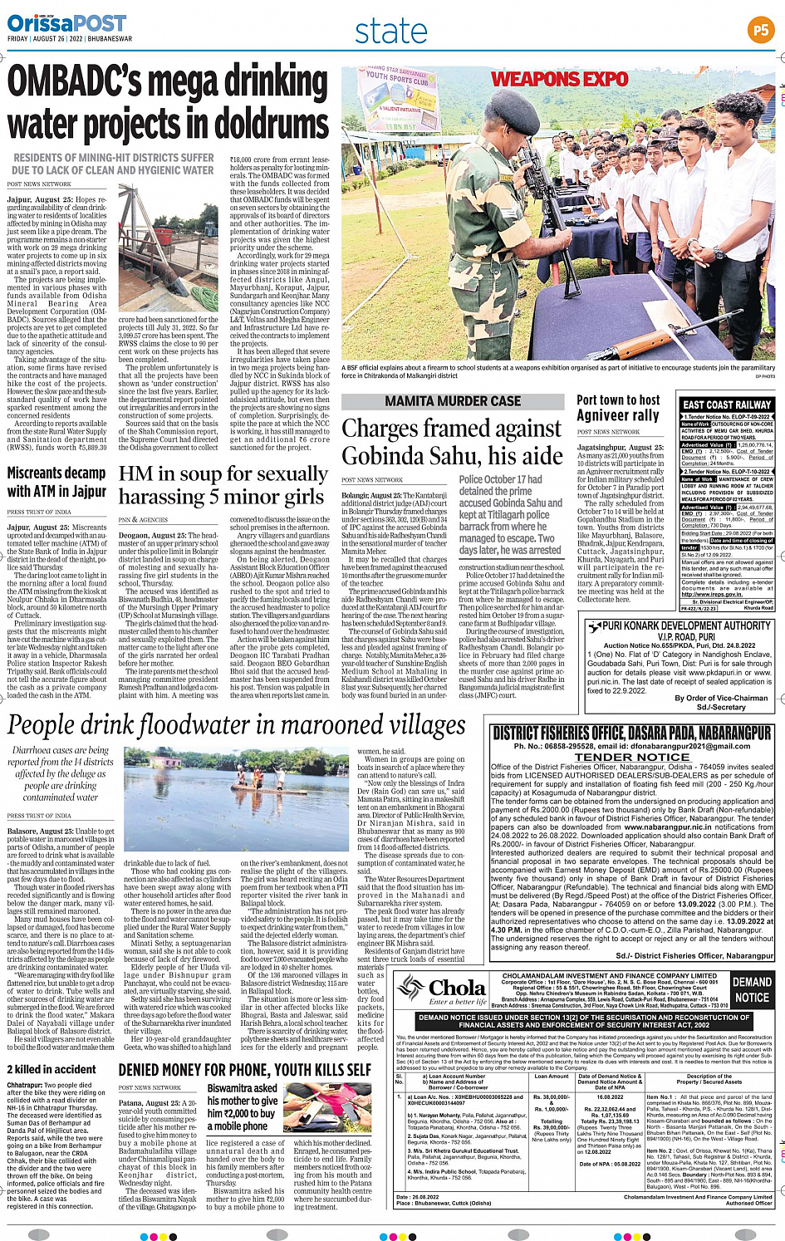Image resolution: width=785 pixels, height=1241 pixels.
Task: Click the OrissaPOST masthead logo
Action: (66, 22)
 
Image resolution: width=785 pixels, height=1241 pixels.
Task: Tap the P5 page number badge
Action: (760, 31)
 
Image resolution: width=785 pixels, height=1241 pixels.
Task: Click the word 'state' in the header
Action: (390, 32)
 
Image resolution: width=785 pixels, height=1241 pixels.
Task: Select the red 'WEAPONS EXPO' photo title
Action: (559, 79)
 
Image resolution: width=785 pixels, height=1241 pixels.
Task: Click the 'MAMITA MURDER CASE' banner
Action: (453, 401)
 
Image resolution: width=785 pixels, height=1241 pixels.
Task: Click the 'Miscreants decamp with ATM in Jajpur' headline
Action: (56, 482)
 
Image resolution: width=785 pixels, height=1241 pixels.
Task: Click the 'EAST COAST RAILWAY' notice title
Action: (727, 405)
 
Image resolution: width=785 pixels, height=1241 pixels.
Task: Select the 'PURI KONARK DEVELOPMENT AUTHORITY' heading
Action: (687, 625)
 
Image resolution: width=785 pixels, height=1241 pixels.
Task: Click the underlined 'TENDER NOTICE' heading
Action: (632, 757)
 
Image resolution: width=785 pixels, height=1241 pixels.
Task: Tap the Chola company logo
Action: (441, 990)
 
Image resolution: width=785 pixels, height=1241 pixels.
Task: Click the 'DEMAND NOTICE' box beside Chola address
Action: (752, 989)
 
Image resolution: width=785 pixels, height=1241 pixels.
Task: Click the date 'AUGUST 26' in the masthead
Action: (51, 39)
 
